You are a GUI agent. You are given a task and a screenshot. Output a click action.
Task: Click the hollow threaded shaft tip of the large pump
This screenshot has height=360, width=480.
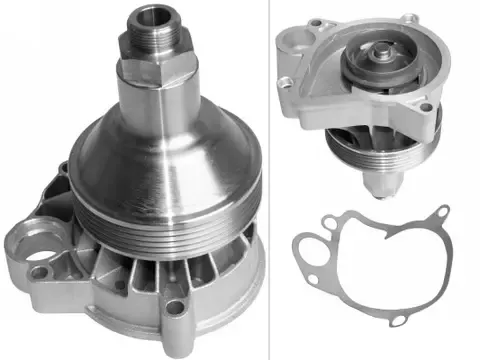pyautogui.click(x=152, y=20)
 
